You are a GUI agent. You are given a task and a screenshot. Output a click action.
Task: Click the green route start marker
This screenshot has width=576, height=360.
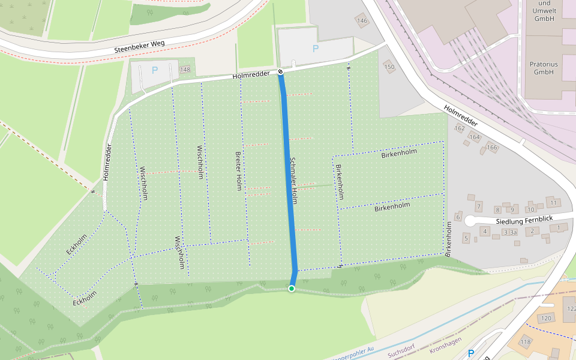click(292, 289)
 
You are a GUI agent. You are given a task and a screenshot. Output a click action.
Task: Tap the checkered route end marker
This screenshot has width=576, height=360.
click(280, 73)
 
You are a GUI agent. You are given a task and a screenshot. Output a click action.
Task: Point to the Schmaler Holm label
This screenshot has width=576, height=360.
click(293, 180)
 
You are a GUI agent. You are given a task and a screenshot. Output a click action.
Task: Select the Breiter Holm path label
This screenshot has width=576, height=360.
click(238, 170)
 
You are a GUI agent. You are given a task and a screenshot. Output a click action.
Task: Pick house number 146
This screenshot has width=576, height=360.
click(361, 21)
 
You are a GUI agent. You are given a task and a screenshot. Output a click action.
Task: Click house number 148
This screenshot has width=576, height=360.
click(185, 70)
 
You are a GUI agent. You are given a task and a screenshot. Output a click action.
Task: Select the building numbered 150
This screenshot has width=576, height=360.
click(390, 67)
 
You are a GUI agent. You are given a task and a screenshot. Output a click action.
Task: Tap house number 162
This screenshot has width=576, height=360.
click(460, 128)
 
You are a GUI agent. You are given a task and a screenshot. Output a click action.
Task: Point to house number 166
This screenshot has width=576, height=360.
click(492, 148)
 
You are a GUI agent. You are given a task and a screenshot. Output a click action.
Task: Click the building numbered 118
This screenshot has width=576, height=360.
click(526, 342)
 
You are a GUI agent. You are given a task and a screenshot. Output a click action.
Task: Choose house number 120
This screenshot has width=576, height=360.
click(545, 318)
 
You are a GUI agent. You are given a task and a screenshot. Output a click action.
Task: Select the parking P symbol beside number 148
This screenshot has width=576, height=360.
click(154, 70)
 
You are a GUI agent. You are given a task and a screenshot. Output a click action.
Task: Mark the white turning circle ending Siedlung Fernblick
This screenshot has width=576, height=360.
click(470, 222)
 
